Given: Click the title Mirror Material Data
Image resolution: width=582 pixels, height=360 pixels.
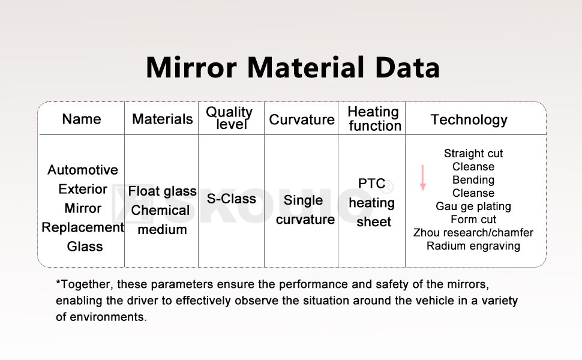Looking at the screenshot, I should pyautogui.click(x=293, y=68).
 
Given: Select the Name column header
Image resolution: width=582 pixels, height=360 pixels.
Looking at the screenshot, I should pyautogui.click(x=82, y=119).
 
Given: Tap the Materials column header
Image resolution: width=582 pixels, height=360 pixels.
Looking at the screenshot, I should pyautogui.click(x=162, y=119).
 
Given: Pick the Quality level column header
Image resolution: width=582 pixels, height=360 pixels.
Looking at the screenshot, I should pyautogui.click(x=229, y=118).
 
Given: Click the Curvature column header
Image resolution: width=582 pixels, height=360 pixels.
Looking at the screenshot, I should pyautogui.click(x=302, y=119).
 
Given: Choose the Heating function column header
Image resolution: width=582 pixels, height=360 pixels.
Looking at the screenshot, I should pyautogui.click(x=374, y=119).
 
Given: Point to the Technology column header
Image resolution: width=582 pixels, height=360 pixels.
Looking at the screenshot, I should pyautogui.click(x=469, y=119).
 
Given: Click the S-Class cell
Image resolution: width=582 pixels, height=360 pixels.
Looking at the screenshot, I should pyautogui.click(x=231, y=199).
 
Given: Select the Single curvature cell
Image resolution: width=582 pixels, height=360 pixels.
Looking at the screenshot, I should pyautogui.click(x=305, y=210).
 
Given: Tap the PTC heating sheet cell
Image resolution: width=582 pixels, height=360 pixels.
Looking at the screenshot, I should pyautogui.click(x=373, y=202).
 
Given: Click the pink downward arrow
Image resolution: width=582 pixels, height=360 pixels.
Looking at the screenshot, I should pyautogui.click(x=422, y=178).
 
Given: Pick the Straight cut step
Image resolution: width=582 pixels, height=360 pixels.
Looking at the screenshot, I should pyautogui.click(x=473, y=154).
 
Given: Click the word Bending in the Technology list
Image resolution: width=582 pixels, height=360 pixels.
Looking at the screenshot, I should pyautogui.click(x=473, y=180).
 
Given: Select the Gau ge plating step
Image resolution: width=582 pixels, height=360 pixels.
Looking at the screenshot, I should pyautogui.click(x=473, y=206).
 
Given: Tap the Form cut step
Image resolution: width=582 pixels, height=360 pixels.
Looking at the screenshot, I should pyautogui.click(x=473, y=220).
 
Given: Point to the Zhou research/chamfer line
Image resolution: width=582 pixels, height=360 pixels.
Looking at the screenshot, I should pyautogui.click(x=473, y=233).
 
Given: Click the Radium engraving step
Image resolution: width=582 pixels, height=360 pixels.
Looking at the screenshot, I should pyautogui.click(x=473, y=246).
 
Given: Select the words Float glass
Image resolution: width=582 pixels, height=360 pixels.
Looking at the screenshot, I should pyautogui.click(x=162, y=191).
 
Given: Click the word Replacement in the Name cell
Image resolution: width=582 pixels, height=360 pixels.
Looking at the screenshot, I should pyautogui.click(x=83, y=227).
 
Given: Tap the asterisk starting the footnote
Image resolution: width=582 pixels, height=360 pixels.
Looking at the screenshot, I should pyautogui.click(x=58, y=283).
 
